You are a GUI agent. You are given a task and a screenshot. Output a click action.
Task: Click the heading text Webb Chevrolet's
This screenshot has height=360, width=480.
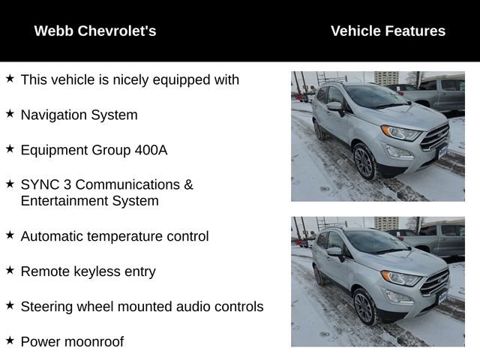pyautogui.click(x=95, y=31)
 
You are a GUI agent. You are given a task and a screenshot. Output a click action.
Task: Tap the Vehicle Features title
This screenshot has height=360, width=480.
pyautogui.click(x=388, y=31)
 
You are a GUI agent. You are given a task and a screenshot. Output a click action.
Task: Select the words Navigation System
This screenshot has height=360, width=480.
pyautogui.click(x=79, y=115)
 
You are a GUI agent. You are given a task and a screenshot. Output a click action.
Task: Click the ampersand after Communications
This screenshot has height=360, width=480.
pyautogui.click(x=188, y=184)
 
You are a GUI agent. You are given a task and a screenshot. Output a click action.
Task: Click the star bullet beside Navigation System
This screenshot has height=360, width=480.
pyautogui.click(x=10, y=113)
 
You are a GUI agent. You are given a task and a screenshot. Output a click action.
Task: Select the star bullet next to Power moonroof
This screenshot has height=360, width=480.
pyautogui.click(x=10, y=340)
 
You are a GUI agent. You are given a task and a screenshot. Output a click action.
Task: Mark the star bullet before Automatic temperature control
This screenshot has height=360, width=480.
pyautogui.click(x=10, y=235)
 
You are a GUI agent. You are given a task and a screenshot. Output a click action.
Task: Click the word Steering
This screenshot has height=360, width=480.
pyautogui.click(x=46, y=307)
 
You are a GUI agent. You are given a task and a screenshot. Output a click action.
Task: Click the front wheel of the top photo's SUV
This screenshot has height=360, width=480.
pyautogui.click(x=364, y=162)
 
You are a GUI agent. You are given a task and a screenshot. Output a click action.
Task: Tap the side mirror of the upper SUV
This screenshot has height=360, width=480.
pyautogui.click(x=335, y=107)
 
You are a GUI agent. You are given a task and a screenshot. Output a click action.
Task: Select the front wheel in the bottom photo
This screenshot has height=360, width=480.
pyautogui.click(x=364, y=307)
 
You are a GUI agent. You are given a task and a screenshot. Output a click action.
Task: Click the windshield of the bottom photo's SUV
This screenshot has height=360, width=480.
pyautogui.click(x=374, y=241)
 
